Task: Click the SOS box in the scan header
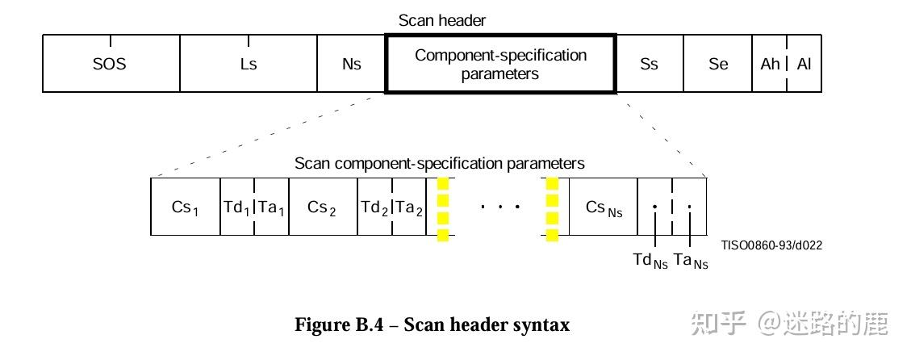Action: [111, 64]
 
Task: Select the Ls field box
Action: [248, 64]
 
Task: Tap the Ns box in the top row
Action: [351, 64]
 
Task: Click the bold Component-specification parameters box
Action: [500, 65]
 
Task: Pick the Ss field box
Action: [650, 64]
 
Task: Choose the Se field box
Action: [718, 64]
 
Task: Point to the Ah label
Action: [770, 64]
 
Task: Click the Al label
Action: [804, 64]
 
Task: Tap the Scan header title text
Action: [442, 21]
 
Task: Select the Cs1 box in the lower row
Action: [185, 207]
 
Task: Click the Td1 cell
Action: [236, 207]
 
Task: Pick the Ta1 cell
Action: [271, 207]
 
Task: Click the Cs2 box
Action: [322, 207]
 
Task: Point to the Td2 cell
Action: [374, 207]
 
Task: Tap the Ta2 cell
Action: [409, 207]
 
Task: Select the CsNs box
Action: [603, 207]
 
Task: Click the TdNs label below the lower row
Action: [650, 261]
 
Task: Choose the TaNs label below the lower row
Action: [691, 261]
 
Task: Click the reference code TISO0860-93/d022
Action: [771, 245]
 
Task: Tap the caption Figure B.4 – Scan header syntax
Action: [432, 325]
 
